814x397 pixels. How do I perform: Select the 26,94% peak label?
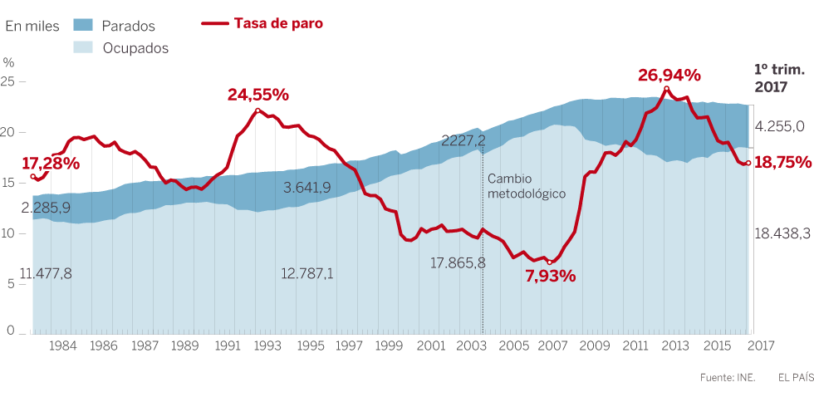coord(669,76)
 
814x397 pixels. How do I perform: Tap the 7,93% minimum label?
coord(551,276)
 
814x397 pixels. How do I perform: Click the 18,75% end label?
coord(782,163)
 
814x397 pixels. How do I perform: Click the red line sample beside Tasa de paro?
coord(215,24)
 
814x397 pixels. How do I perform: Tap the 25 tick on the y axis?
coord(8,81)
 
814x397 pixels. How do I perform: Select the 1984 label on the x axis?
coord(64,346)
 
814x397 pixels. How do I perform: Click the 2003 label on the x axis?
coord(471,346)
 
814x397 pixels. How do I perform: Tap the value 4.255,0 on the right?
coord(780,126)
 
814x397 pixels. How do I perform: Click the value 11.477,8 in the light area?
coord(45,273)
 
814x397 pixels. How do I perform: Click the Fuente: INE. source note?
coord(728,377)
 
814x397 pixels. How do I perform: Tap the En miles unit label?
coord(32,26)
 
